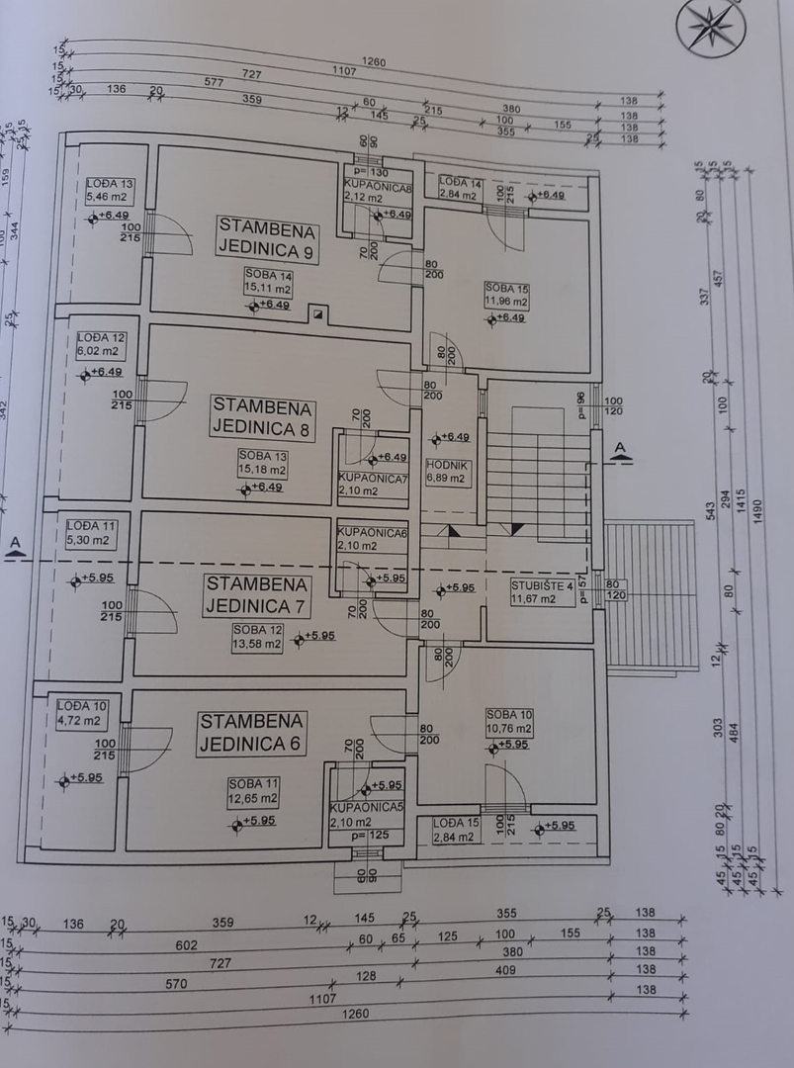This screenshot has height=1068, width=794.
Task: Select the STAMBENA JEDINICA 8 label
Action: point(262,416)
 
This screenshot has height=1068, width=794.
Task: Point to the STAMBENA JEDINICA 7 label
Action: point(256,594)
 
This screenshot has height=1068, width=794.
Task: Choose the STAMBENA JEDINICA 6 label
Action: point(251,732)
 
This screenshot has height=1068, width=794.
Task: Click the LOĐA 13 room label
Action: point(110,183)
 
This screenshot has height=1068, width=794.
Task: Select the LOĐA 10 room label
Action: point(81,705)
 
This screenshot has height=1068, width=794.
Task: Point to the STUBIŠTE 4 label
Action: point(542,585)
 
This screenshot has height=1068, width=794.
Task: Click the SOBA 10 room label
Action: point(508,715)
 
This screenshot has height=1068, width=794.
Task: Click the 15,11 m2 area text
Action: point(269,290)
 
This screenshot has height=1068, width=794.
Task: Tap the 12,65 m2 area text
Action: point(254,798)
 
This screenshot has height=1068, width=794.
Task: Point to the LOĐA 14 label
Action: point(460,182)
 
